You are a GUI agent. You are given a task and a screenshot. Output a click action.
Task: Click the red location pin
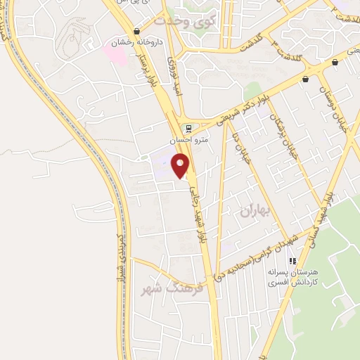[181, 167]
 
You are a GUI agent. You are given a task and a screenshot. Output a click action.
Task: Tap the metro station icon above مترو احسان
[188, 128]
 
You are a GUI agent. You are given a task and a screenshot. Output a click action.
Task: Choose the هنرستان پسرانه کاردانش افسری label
[292, 276]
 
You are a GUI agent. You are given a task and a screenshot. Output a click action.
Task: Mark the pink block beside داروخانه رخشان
[117, 52]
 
